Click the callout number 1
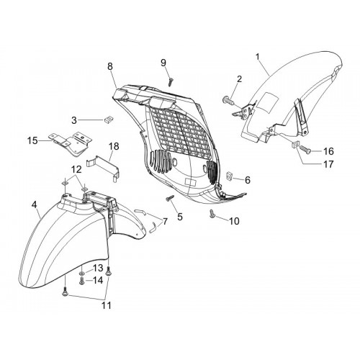pyautogui.click(x=258, y=57)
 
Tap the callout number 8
pyautogui.click(x=110, y=66)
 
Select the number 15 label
pyautogui.click(x=32, y=140)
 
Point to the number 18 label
pyautogui.click(x=114, y=146)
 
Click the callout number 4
pyautogui.click(x=35, y=204)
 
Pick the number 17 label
pyautogui.click(x=328, y=164)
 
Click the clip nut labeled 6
pyautogui.click(x=230, y=176)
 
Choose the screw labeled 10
pyautogui.click(x=212, y=214)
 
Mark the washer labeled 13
pyautogui.click(x=81, y=274)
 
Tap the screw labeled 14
pyautogui.click(x=81, y=280)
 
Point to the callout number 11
pyautogui.click(x=107, y=305)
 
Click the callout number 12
pyautogui.click(x=76, y=169)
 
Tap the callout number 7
pyautogui.click(x=165, y=221)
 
